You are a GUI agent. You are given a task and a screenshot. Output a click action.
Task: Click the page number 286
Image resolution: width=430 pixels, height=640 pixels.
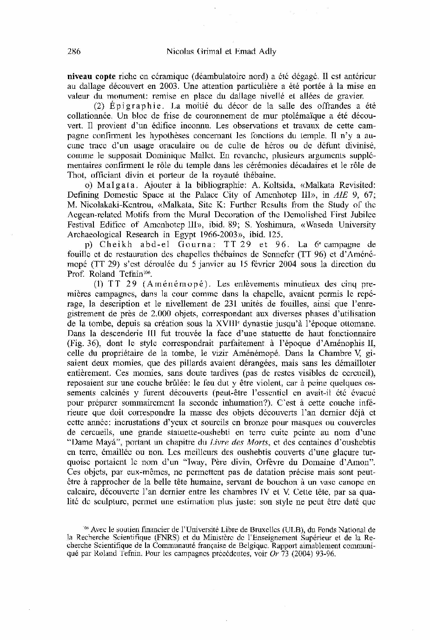(74, 52)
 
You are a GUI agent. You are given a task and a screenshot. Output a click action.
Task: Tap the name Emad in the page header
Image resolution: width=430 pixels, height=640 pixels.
(237, 52)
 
